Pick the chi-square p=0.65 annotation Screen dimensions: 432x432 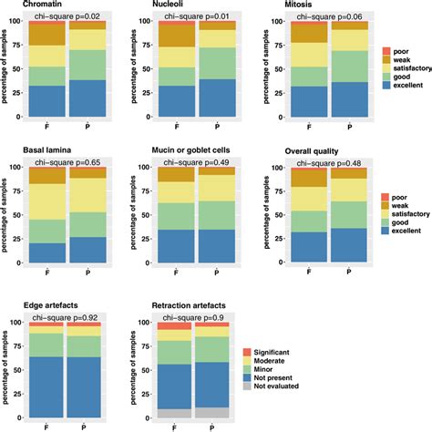[67, 161]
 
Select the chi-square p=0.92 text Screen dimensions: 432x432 [67, 317]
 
